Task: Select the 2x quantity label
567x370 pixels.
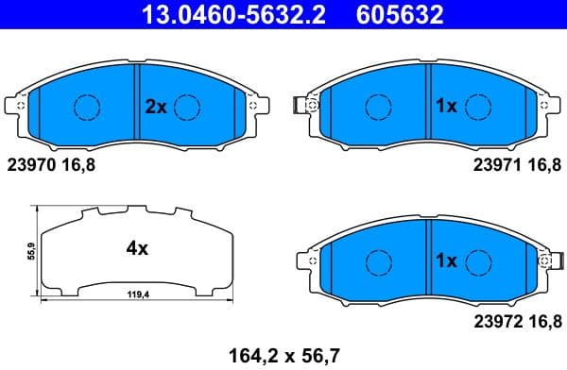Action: (x=155, y=108)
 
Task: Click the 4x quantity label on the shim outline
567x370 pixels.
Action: (x=138, y=249)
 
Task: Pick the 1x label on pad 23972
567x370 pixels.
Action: (x=446, y=261)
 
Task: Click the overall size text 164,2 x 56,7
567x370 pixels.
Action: (x=283, y=356)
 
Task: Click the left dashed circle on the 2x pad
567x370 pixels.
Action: (x=87, y=108)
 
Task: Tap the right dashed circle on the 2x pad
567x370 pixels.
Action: (x=188, y=108)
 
